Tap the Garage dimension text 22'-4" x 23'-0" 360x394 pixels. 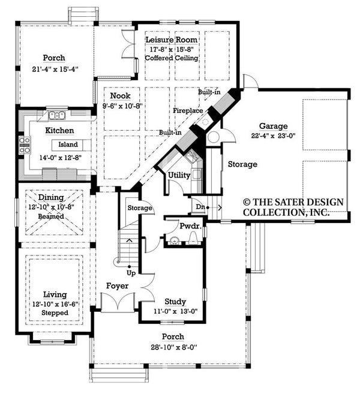pyautogui.click(x=274, y=136)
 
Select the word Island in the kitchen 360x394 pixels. pyautogui.click(x=68, y=145)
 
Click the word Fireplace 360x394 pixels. pyautogui.click(x=187, y=111)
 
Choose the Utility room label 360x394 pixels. pyautogui.click(x=179, y=175)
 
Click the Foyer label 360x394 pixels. pyautogui.click(x=117, y=286)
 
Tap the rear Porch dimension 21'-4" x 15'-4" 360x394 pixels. pyautogui.click(x=53, y=69)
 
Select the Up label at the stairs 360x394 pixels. pyautogui.click(x=131, y=272)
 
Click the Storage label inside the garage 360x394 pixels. pyautogui.click(x=242, y=164)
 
